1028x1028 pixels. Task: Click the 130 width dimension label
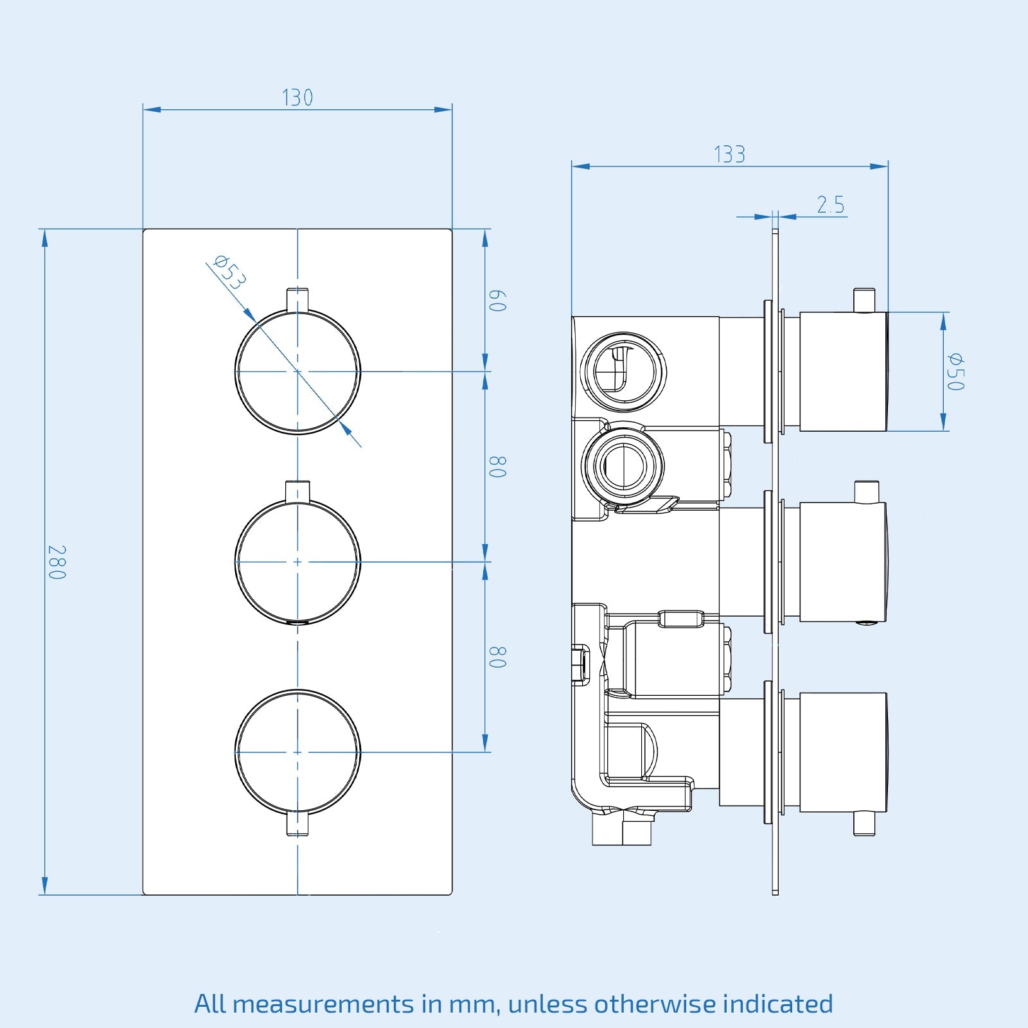297,98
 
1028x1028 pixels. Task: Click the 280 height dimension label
57,562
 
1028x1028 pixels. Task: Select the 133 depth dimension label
729,155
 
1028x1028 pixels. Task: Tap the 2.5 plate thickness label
830,205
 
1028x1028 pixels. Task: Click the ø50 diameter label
955,371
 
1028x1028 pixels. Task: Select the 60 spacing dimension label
497,301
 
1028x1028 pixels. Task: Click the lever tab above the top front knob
297,299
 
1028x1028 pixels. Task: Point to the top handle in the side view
843,371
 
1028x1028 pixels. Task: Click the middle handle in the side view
843,562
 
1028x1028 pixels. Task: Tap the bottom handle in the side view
843,752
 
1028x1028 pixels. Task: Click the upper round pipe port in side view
623,372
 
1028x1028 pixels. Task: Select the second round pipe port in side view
623,465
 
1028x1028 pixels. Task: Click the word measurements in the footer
323,1004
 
